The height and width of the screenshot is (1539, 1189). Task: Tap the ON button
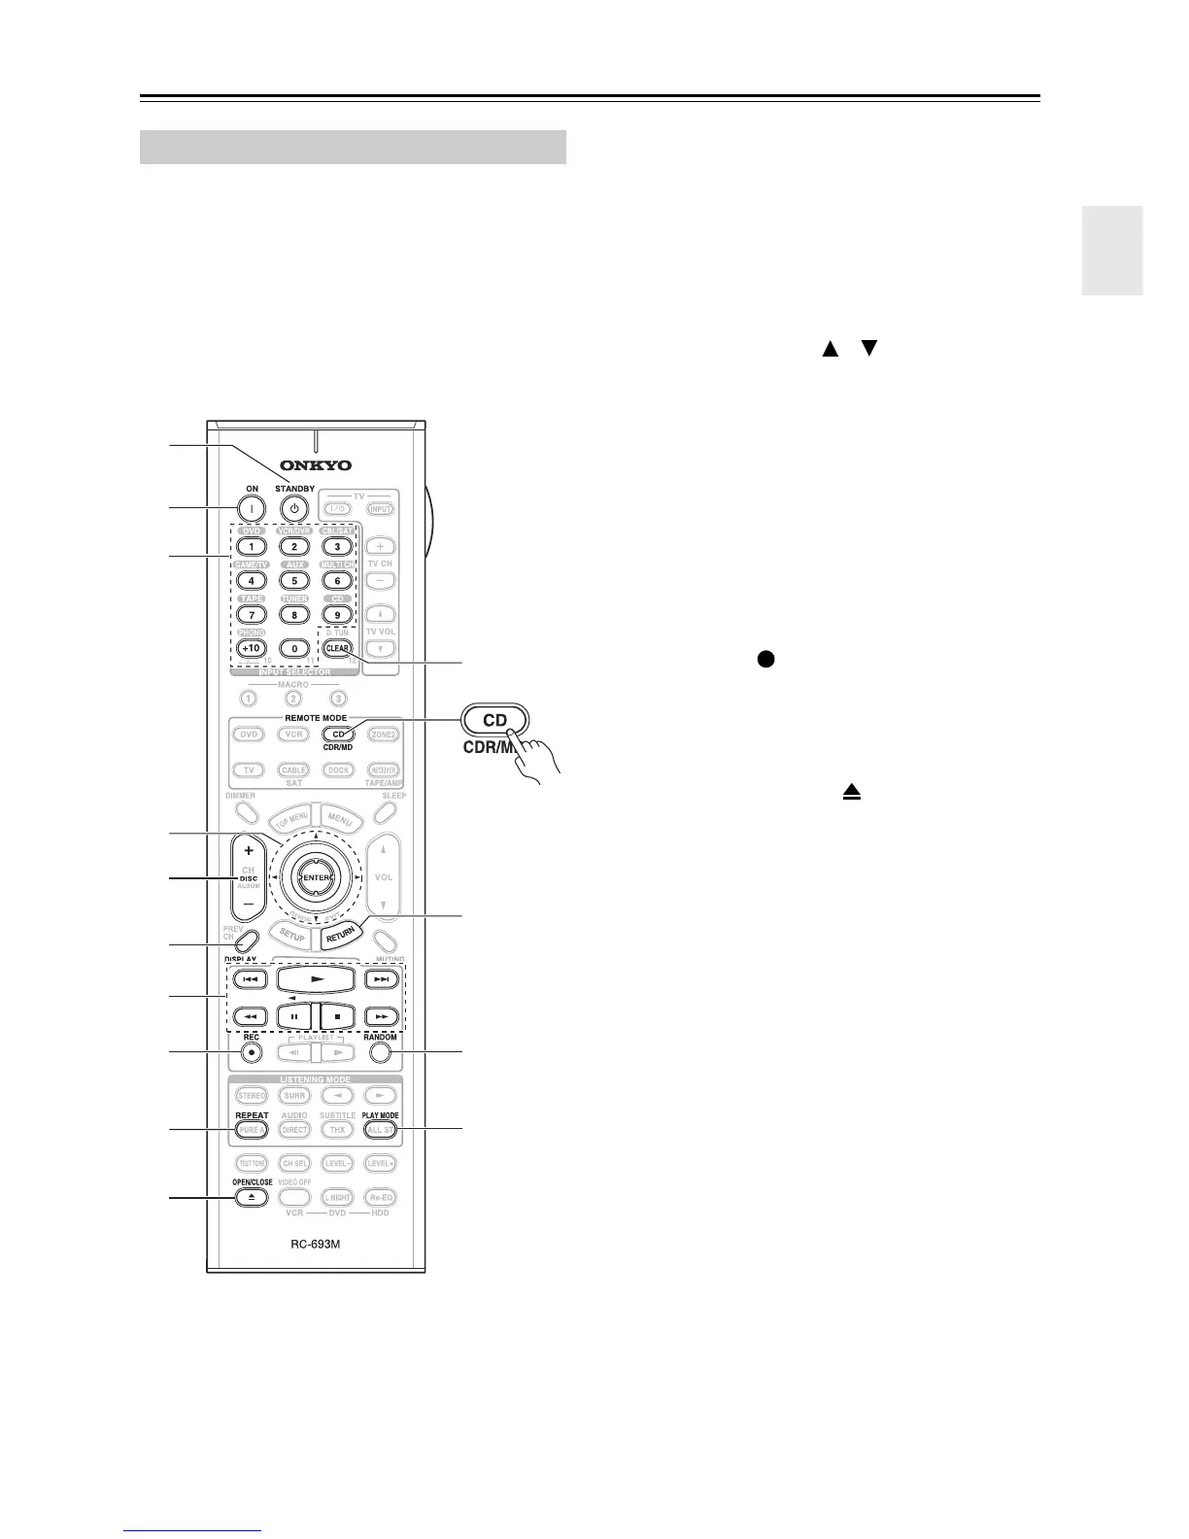click(252, 508)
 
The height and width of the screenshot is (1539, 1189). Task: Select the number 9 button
click(337, 614)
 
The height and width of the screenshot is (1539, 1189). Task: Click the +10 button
click(252, 648)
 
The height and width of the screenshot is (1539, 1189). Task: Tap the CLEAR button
click(337, 648)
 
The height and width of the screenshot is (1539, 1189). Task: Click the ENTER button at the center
click(317, 877)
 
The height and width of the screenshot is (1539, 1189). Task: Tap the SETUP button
click(291, 937)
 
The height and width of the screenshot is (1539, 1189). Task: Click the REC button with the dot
click(252, 1052)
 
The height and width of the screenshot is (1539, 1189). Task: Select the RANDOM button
click(381, 1052)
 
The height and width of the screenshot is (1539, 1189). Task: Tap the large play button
click(317, 979)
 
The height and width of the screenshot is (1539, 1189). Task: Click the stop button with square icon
click(339, 1017)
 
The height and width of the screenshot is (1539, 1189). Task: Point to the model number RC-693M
click(317, 1245)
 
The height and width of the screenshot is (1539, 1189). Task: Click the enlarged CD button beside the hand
click(494, 721)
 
